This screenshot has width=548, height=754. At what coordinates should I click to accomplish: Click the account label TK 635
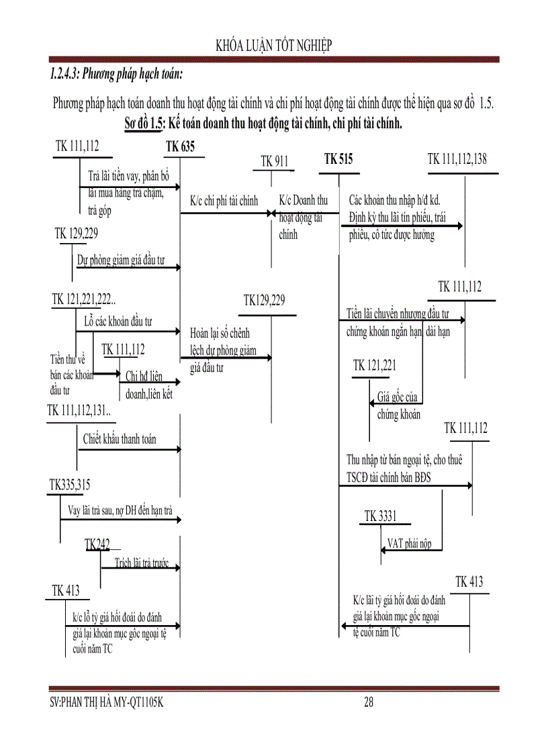[180, 147]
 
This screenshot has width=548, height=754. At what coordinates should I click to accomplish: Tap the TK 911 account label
[274, 161]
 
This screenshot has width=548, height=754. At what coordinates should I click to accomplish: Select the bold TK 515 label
[338, 159]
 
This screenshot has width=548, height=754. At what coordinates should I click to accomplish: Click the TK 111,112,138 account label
[462, 159]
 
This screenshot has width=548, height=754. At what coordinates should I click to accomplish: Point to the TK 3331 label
[380, 516]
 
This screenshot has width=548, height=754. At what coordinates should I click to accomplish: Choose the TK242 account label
[97, 544]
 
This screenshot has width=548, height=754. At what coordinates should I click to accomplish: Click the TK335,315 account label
[70, 485]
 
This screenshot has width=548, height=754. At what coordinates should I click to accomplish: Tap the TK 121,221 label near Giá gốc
[375, 365]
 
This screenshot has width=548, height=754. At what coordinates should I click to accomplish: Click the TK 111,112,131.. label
[79, 411]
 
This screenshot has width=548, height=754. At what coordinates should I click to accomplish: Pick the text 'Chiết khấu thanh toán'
[120, 440]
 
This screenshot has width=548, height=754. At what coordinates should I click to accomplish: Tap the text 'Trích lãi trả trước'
[140, 563]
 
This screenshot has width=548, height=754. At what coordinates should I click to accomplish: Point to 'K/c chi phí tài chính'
[224, 201]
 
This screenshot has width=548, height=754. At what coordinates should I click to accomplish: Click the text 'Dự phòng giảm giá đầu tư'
[121, 261]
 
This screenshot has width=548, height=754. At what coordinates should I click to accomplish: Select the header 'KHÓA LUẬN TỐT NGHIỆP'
[274, 45]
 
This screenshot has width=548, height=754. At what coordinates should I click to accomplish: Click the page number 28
[368, 703]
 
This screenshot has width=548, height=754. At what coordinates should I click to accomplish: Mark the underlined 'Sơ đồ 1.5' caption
[144, 124]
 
